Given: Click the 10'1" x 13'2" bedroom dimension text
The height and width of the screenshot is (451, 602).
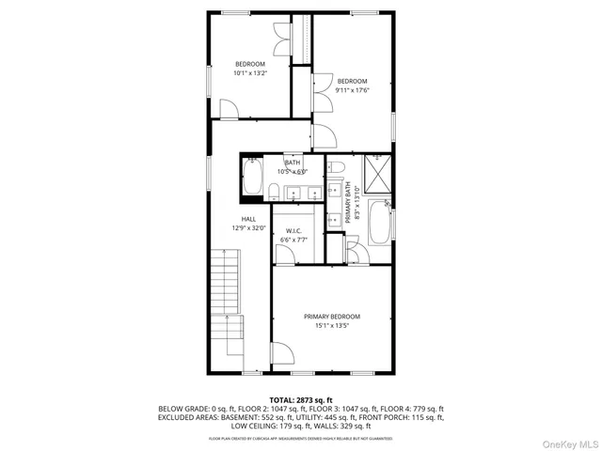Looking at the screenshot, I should (x=250, y=73).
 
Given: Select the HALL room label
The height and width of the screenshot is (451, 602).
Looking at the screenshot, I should (x=248, y=219).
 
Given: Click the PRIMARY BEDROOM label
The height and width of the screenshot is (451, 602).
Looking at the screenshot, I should (x=331, y=317).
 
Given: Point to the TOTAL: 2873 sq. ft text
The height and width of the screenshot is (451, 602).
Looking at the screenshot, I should (x=301, y=400).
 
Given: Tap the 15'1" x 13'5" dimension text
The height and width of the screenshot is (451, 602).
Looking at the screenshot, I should (x=331, y=327).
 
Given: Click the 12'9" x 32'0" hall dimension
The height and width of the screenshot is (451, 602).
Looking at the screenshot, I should (x=248, y=227).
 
